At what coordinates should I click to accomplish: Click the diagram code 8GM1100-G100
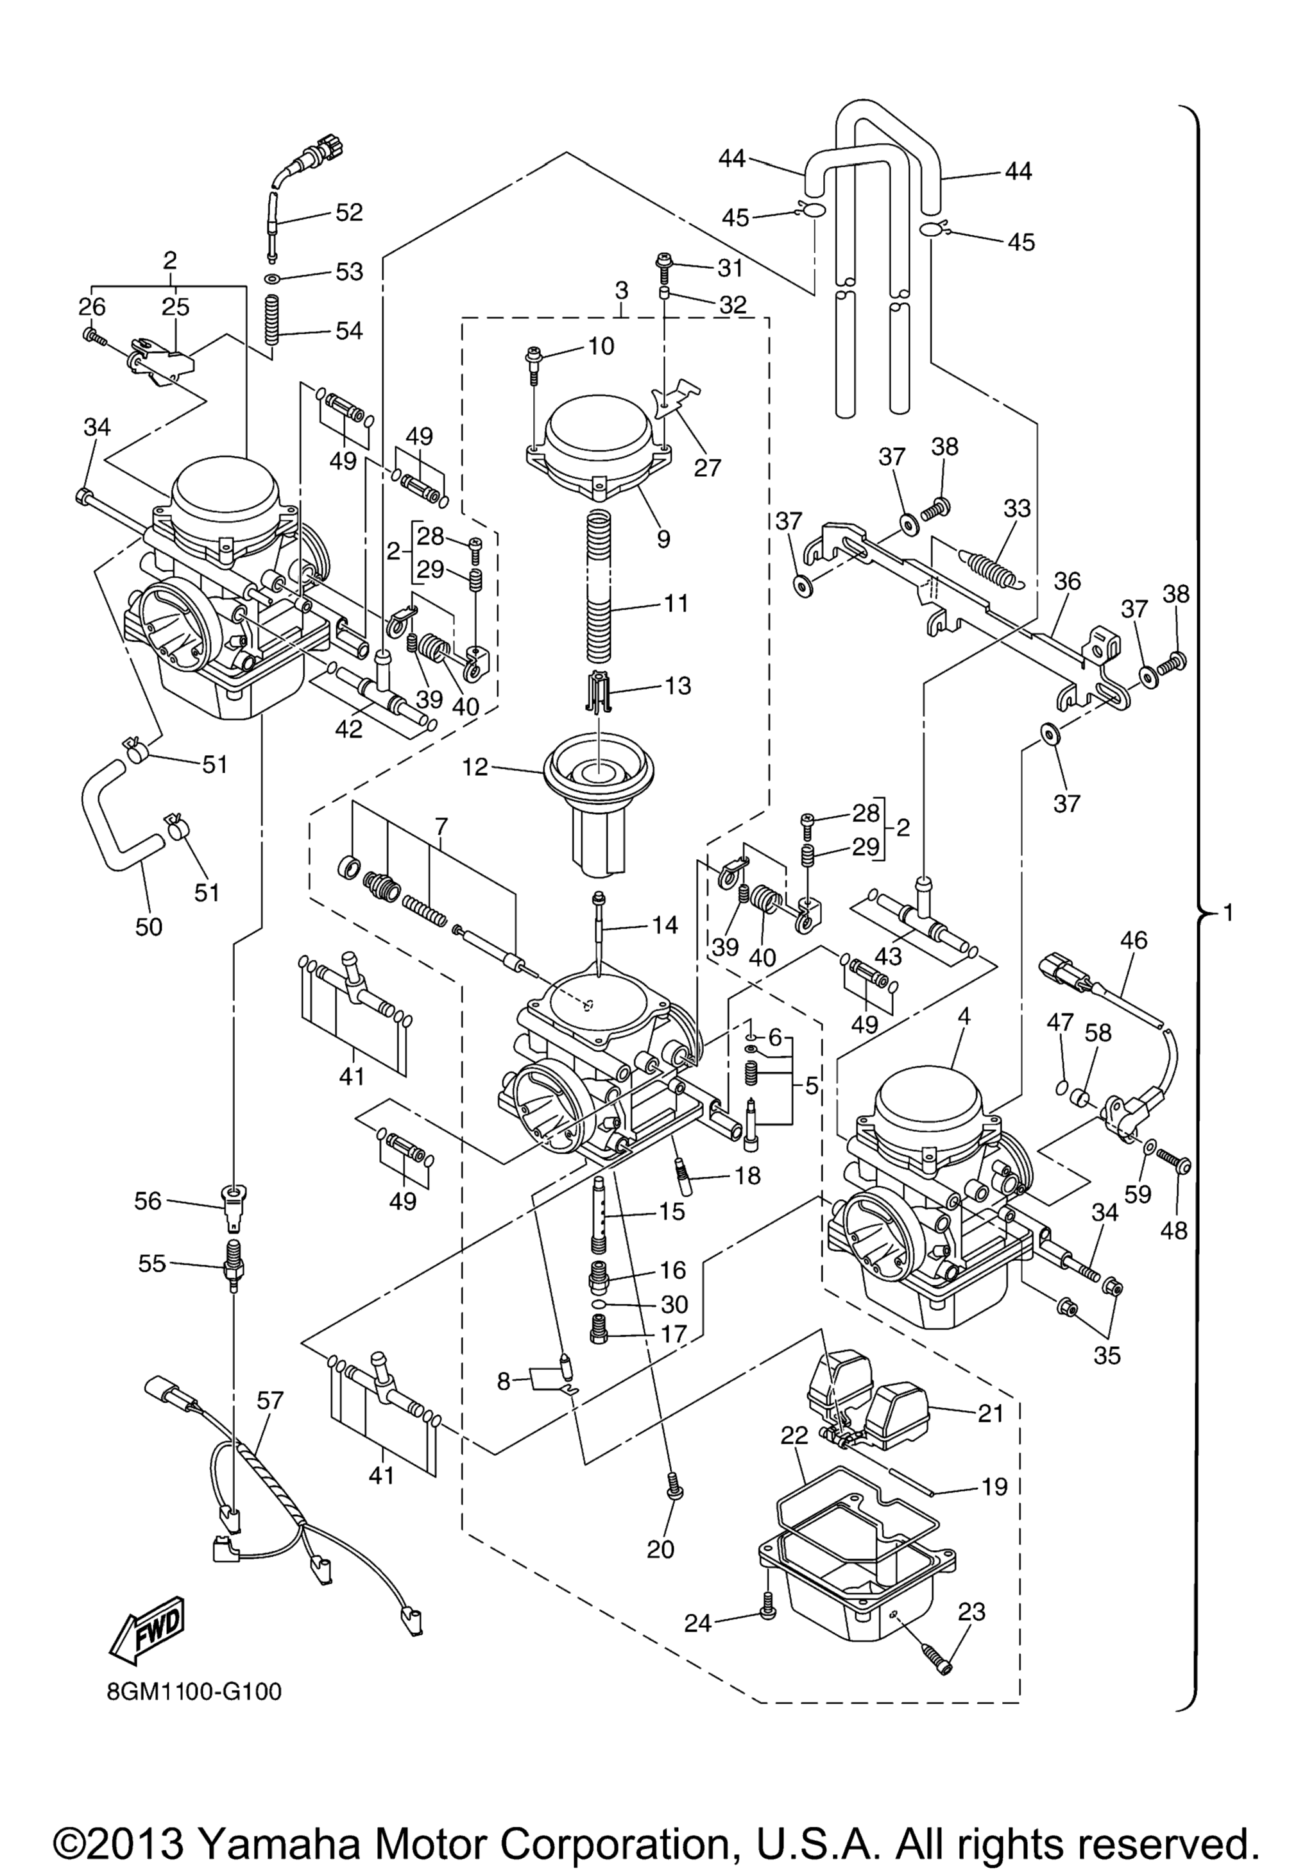(194, 1693)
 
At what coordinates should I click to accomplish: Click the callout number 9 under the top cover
(663, 538)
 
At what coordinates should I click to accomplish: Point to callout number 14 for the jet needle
(665, 925)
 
